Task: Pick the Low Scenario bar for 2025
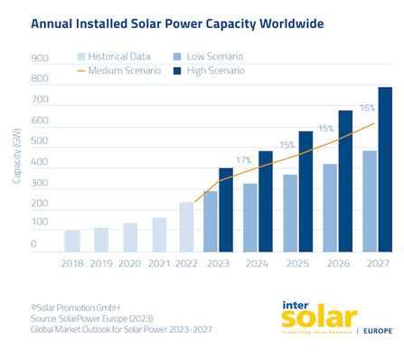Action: coord(290,213)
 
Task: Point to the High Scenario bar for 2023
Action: coord(226,209)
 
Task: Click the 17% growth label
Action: coord(243,160)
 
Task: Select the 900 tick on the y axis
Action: coord(39,59)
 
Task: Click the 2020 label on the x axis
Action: coord(130,265)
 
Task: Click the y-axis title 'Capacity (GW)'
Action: coord(16,153)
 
